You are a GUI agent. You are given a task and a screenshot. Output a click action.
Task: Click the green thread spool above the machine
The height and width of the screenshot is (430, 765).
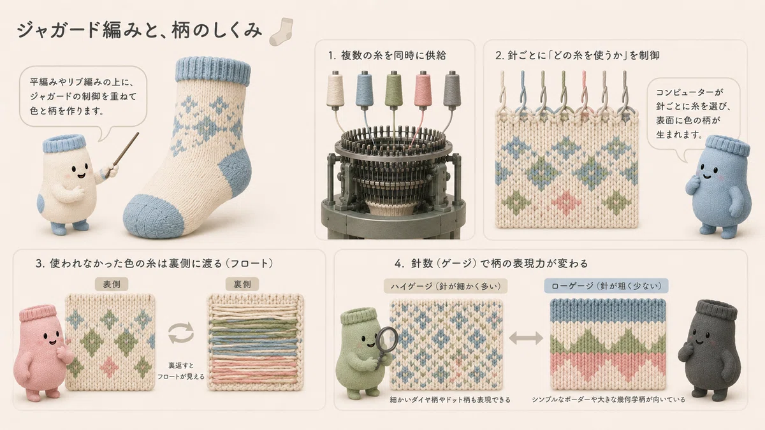click(x=394, y=90)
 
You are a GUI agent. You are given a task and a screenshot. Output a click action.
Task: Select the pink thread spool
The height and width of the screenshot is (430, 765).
click(x=423, y=90)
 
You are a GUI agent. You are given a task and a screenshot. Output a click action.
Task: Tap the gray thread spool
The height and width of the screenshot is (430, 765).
click(x=452, y=90)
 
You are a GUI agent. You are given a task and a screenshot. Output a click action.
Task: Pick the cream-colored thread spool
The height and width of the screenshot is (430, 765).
click(x=335, y=90)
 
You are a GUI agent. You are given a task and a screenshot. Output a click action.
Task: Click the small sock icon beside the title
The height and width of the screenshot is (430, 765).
click(x=281, y=32)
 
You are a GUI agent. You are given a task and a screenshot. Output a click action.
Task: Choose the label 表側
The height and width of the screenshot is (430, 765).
click(x=112, y=284)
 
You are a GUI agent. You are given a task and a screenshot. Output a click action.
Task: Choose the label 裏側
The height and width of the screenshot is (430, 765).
click(x=242, y=284)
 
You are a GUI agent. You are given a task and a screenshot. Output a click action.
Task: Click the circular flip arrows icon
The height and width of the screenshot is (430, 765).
click(x=181, y=333)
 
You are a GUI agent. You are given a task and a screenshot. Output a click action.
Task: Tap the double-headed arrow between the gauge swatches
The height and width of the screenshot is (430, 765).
click(x=526, y=338)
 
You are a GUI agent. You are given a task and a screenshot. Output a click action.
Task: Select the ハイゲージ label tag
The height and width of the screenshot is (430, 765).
click(x=446, y=286)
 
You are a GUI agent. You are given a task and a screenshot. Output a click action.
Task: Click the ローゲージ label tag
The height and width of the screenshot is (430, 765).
click(x=606, y=286)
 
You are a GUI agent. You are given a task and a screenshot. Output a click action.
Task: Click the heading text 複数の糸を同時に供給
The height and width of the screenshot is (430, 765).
click(x=393, y=55)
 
